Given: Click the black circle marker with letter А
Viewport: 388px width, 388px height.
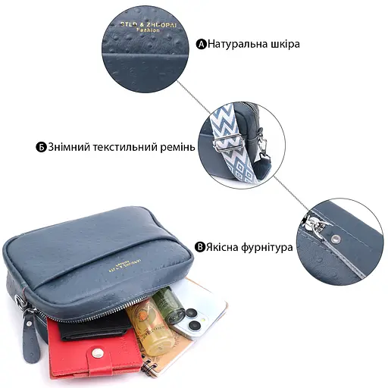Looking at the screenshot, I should click(x=202, y=44).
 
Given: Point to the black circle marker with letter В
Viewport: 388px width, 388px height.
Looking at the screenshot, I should click(x=200, y=247).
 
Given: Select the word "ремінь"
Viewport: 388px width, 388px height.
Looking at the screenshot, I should click(x=176, y=146).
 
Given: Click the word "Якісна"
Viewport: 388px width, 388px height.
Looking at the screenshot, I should click(x=224, y=247).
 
